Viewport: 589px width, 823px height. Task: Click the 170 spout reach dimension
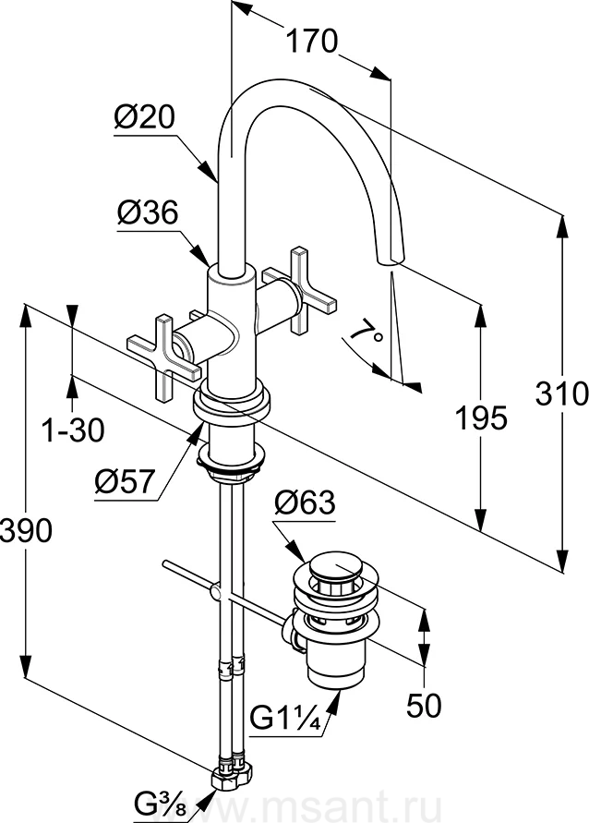click(x=311, y=41)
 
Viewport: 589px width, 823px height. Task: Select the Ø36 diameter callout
click(x=148, y=212)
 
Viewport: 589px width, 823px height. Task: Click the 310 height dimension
click(x=561, y=393)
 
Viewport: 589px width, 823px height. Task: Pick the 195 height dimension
click(x=481, y=418)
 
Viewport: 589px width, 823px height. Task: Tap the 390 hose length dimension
click(x=26, y=530)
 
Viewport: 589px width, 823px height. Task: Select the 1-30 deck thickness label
click(x=73, y=430)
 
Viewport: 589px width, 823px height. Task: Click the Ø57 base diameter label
click(x=126, y=481)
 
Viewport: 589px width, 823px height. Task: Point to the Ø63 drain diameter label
click(x=305, y=502)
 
